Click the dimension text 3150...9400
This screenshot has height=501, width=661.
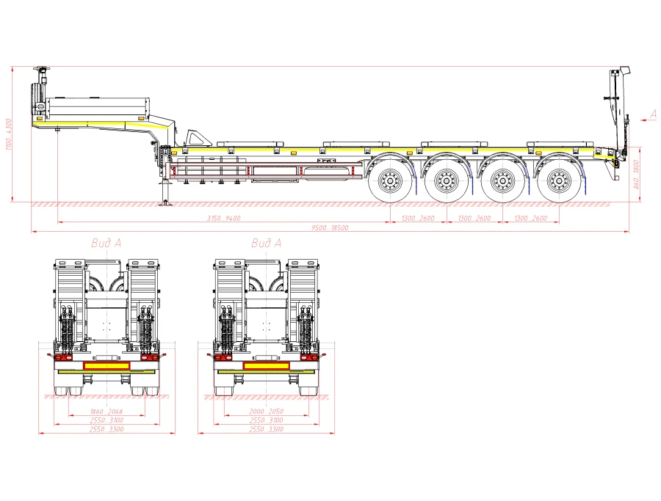tap(224, 218)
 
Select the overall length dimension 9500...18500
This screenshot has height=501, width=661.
tap(329, 228)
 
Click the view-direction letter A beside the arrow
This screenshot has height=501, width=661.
tap(653, 114)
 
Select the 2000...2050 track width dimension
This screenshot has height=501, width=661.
tap(267, 412)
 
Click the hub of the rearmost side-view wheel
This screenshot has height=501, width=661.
tap(557, 180)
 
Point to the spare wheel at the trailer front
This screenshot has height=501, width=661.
tap(37, 103)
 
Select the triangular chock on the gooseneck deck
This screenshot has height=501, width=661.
tap(196, 137)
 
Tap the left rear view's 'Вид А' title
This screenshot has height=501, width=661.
tap(106, 243)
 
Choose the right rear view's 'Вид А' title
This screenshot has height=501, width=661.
tap(266, 243)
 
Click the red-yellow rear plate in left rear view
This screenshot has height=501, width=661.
tap(106, 365)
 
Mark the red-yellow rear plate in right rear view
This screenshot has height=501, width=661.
tap(267, 365)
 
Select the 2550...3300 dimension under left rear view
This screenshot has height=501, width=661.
tap(106, 429)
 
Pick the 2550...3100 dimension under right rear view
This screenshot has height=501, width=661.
tap(267, 420)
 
